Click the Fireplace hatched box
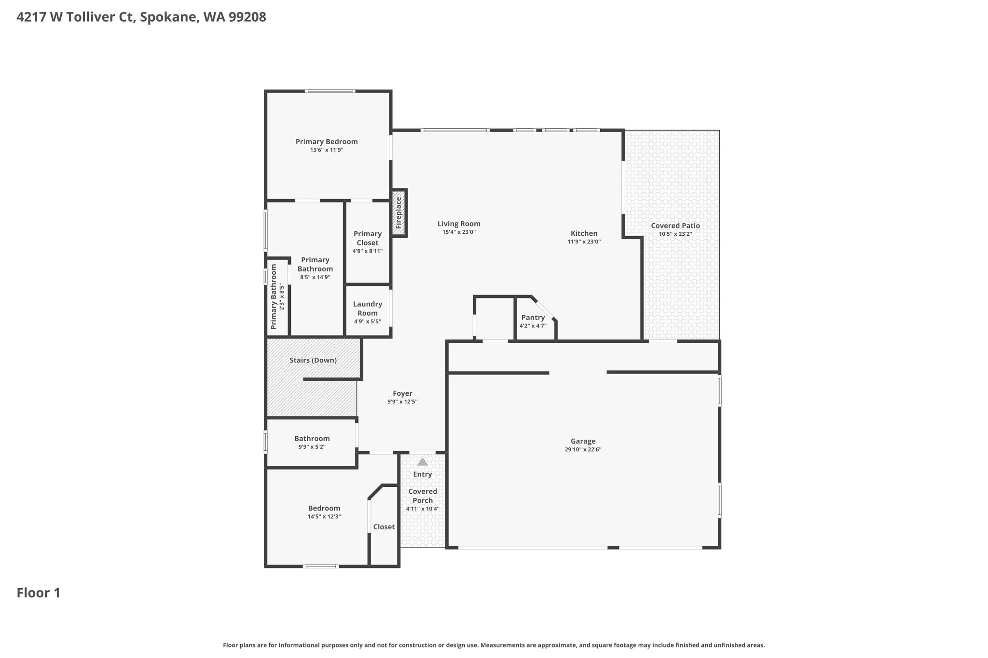click(x=398, y=213)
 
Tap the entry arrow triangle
click(x=423, y=462)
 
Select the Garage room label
click(x=583, y=441)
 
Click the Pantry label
click(x=533, y=317)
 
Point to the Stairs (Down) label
click(x=313, y=360)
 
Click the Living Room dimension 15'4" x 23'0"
click(x=459, y=232)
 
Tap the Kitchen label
click(x=584, y=233)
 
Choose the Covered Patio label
click(x=675, y=226)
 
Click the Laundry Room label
click(x=368, y=309)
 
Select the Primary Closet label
click(x=368, y=238)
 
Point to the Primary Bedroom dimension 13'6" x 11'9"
click(x=327, y=150)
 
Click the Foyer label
click(x=402, y=393)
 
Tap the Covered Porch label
click(x=423, y=496)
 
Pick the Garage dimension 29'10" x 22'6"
click(x=583, y=450)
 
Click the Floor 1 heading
click(x=39, y=593)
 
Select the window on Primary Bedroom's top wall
click(x=330, y=91)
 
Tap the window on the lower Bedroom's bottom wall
click(x=321, y=566)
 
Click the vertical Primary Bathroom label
click(x=274, y=297)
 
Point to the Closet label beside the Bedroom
click(x=384, y=527)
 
